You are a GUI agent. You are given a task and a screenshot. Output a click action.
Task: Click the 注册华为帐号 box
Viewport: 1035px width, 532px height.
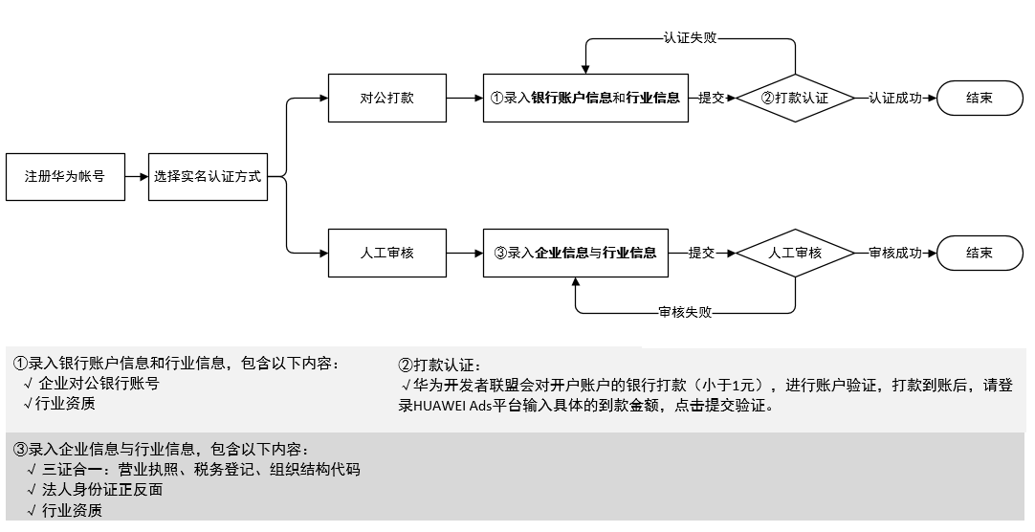coord(65,177)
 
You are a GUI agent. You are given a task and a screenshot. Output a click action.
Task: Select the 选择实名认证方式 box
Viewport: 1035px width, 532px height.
coord(208,177)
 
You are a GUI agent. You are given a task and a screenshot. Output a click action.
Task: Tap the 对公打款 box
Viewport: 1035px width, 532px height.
coord(387,98)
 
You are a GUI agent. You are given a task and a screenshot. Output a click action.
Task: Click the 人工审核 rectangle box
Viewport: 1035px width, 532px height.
coord(387,253)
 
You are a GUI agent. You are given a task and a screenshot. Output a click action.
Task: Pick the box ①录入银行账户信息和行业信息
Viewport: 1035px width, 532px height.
coord(584,98)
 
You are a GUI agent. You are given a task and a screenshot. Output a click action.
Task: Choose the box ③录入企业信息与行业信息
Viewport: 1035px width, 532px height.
coord(575,253)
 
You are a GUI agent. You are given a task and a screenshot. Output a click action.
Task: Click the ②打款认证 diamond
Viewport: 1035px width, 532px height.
coord(794,98)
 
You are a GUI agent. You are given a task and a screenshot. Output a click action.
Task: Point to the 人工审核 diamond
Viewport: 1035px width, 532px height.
coord(795,253)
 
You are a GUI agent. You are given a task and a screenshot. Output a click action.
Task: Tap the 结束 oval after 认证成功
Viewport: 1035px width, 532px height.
coord(980,98)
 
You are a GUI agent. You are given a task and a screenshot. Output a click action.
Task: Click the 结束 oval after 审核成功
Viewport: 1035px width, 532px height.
coord(980,253)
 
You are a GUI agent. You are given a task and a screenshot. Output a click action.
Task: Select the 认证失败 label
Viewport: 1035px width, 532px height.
coord(690,38)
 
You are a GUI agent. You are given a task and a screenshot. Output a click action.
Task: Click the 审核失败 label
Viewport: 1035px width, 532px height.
coord(685,312)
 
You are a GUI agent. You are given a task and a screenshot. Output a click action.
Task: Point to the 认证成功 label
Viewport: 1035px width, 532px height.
coord(895,98)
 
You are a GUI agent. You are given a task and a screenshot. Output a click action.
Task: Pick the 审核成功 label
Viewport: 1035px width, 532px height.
coord(895,253)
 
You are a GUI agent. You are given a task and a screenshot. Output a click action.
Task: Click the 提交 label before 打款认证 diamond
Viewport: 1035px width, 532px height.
coord(711,98)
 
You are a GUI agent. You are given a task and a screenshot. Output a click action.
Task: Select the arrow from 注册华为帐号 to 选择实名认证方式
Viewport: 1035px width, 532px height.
coord(137,177)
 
